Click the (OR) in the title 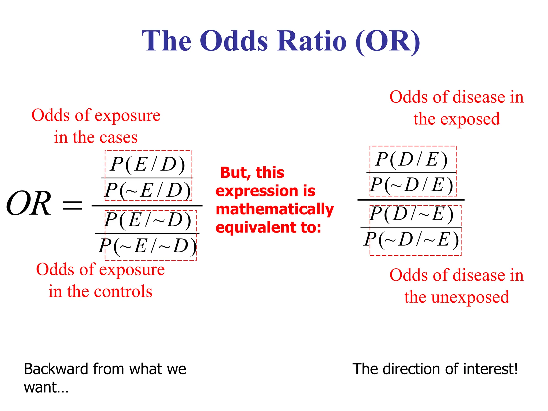coord(388,41)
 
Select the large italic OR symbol coord(29,204)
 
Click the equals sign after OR coord(72,205)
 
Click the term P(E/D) coord(148,164)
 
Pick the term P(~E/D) coord(148,190)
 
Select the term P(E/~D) coord(148,220)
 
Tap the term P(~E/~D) coord(148,246)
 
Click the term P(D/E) coord(412,159)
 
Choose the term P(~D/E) coord(412,185)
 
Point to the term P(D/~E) coord(412,214)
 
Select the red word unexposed coord(470,297)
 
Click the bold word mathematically coord(275,210)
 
